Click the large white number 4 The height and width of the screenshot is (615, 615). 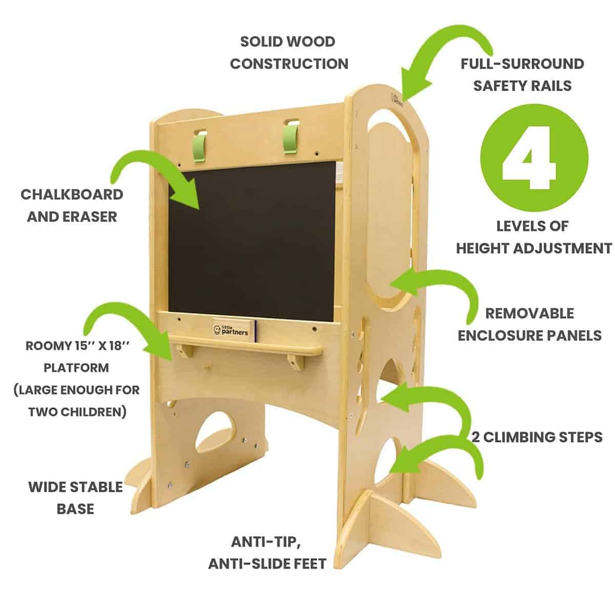[x=530, y=158]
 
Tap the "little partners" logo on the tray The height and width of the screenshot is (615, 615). [x=231, y=330]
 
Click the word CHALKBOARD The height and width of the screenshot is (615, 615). [x=72, y=195]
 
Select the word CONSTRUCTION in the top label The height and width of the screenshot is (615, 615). [x=289, y=64]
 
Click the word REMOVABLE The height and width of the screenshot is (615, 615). [x=529, y=314]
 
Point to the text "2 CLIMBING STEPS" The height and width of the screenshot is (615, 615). [x=537, y=437]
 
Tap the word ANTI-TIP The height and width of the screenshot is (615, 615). [x=266, y=542]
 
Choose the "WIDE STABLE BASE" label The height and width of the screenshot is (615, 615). [x=76, y=498]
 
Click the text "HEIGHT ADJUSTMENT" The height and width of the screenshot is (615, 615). [x=534, y=248]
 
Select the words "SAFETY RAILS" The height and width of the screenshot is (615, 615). [x=522, y=86]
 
